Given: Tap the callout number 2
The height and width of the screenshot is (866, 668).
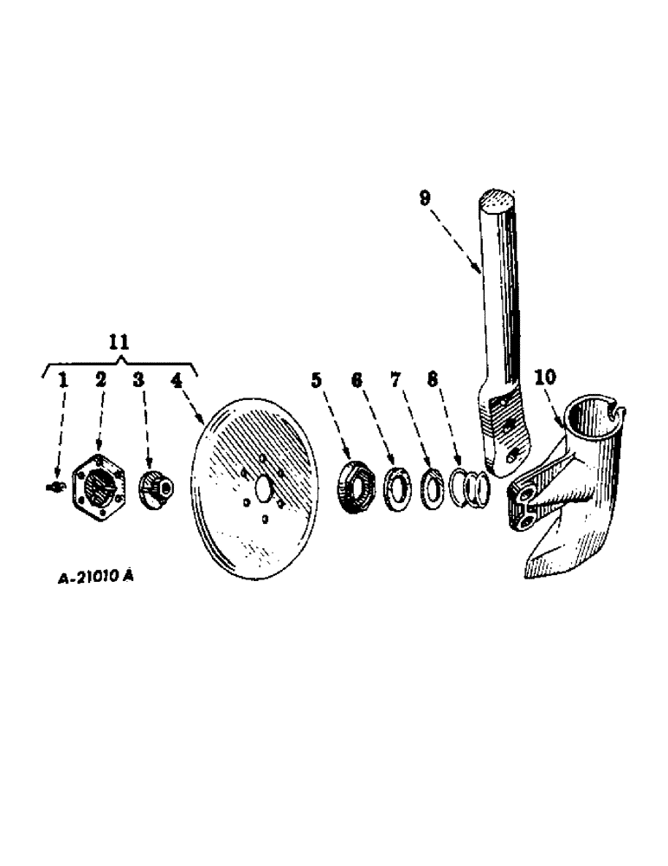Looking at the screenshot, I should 101,378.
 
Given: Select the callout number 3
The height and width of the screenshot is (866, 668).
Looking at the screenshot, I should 138,378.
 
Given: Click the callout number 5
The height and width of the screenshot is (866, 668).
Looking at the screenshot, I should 317,378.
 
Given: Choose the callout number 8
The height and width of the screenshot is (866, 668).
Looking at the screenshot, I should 432,378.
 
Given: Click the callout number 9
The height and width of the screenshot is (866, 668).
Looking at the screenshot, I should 425,197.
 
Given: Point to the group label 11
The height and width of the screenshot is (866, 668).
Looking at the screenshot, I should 120,342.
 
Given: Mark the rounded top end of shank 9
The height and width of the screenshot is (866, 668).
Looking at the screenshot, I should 498,200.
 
